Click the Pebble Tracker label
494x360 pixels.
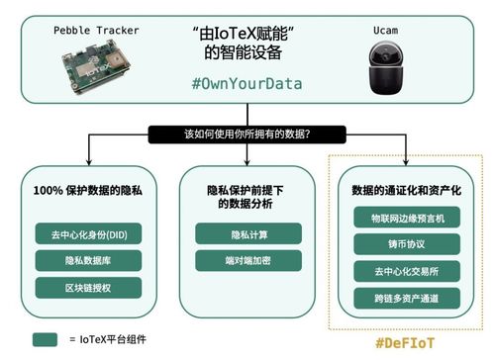pos(96,31)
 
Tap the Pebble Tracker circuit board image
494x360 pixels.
pos(96,70)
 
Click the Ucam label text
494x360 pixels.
pos(387,31)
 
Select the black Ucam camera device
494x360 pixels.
pos(387,71)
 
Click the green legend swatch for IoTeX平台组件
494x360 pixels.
pos(45,339)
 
